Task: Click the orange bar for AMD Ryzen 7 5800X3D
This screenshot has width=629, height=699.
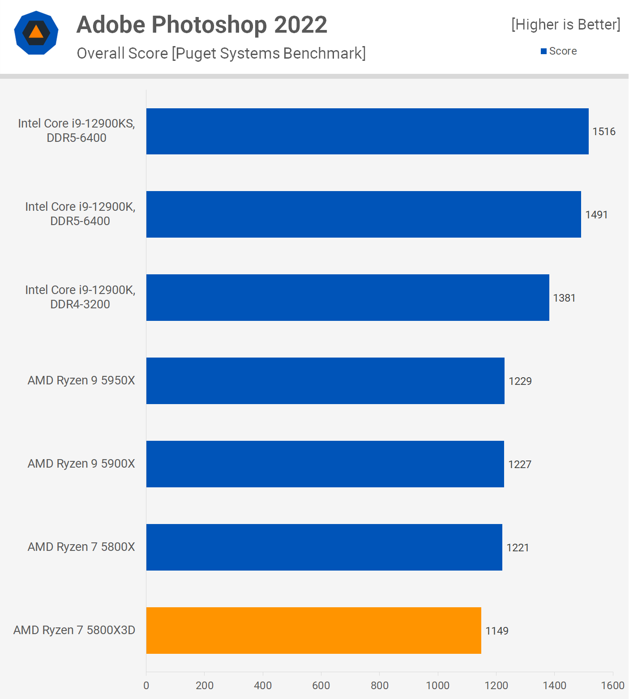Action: tap(313, 630)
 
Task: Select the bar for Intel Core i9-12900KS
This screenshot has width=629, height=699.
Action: tap(367, 131)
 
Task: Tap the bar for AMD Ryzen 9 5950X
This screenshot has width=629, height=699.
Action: tap(325, 380)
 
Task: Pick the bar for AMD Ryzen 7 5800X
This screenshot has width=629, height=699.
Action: tap(324, 547)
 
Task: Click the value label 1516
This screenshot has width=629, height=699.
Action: tap(603, 132)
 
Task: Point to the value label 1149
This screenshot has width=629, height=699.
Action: tap(496, 631)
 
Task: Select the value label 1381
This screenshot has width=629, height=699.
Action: tap(564, 298)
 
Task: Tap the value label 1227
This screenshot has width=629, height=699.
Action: tap(519, 465)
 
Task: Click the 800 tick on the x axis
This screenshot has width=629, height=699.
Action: tap(379, 685)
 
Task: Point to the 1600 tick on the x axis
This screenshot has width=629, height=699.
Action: tap(612, 685)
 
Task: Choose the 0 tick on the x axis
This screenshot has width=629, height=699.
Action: tap(146, 685)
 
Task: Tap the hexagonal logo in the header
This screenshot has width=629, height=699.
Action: tap(36, 33)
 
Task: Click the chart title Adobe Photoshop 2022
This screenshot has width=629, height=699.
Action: tap(202, 25)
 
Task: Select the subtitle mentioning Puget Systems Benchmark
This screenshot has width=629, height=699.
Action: tap(221, 53)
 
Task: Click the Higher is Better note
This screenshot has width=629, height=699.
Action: tap(565, 25)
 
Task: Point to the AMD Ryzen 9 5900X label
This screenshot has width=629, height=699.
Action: tap(81, 464)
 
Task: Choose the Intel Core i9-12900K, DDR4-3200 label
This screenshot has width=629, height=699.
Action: tap(80, 297)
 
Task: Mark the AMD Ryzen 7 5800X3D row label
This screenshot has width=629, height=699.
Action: tap(74, 630)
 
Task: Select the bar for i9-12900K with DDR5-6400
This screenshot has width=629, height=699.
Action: tap(364, 214)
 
